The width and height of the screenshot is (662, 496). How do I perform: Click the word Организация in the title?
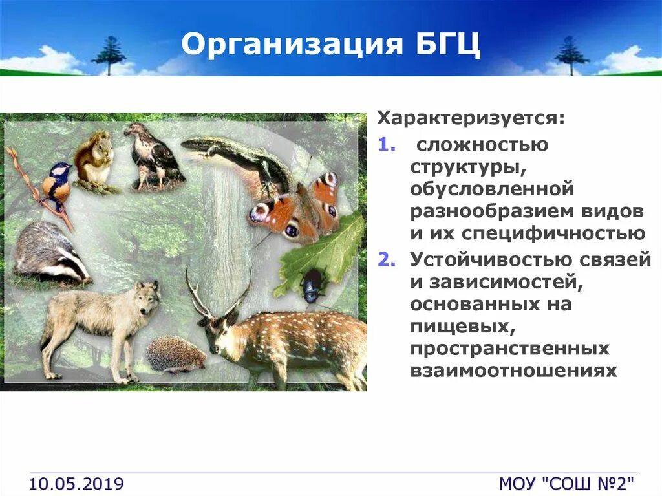pos(292,45)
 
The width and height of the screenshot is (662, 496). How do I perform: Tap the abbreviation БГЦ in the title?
pos(449,43)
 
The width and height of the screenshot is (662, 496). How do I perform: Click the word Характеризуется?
pos(467,118)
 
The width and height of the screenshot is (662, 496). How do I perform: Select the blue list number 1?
pos(387,144)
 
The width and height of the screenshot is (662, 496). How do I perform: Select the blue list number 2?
pos(387,259)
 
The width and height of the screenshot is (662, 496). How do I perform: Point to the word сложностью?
pos(482,145)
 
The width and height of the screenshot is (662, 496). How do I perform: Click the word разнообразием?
pos(492,211)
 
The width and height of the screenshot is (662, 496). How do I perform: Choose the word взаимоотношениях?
pos(513,371)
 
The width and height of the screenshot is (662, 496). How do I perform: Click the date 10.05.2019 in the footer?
pos(76,483)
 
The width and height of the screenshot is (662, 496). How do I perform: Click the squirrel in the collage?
pos(94,159)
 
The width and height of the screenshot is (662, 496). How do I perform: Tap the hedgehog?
pos(176,354)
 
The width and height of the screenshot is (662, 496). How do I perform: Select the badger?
pos(50,253)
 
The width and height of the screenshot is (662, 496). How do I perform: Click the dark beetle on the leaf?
pos(313,286)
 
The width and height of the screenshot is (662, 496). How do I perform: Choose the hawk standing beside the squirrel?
pos(153,157)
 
